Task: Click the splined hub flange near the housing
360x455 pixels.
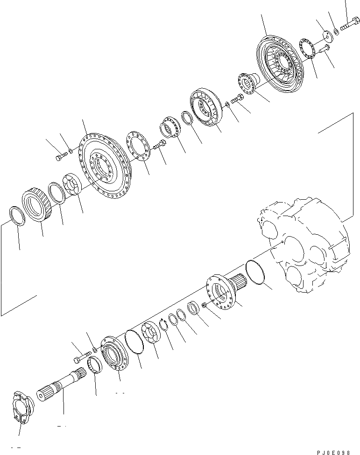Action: [x=224, y=292]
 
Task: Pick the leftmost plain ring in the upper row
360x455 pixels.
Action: [x=17, y=217]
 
